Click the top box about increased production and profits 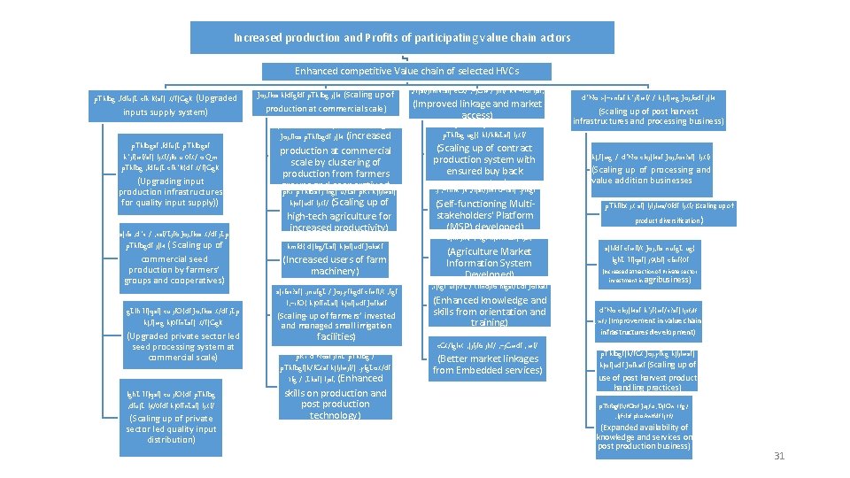(x=402, y=38)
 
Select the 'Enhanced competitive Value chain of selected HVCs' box (x=406, y=71)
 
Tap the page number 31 (x=779, y=456)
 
